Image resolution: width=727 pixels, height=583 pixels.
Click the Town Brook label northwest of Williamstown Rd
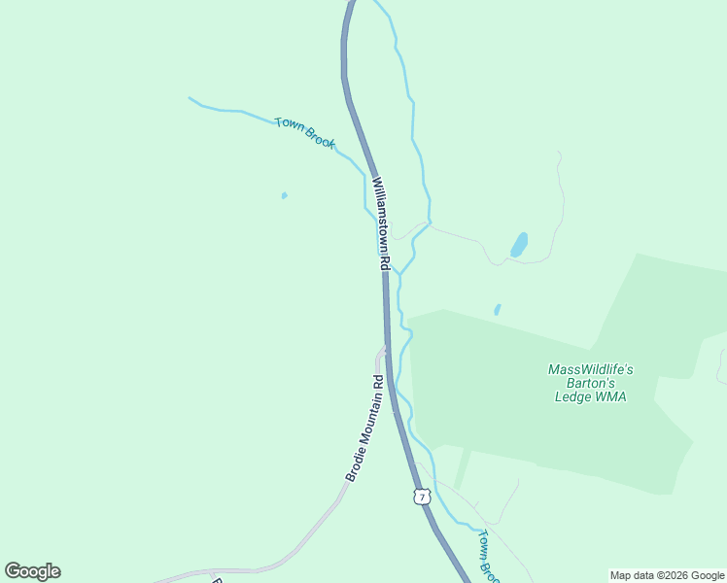point(304,132)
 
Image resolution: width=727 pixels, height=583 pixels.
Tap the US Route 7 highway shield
point(421,497)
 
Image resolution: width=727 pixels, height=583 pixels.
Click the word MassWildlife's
point(590,369)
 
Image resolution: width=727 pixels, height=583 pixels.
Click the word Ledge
point(572,396)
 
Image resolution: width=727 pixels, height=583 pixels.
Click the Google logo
point(32,571)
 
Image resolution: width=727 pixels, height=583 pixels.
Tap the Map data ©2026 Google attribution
point(668,575)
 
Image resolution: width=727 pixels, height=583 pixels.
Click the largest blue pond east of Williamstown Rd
point(520,244)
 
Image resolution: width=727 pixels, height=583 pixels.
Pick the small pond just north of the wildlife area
point(497,310)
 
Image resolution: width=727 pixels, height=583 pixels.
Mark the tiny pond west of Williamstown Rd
point(284,195)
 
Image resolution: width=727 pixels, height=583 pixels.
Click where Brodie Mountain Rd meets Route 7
point(386,348)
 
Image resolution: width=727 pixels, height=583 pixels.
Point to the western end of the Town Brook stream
point(190,98)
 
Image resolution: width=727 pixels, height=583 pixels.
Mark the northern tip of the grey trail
point(559,153)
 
